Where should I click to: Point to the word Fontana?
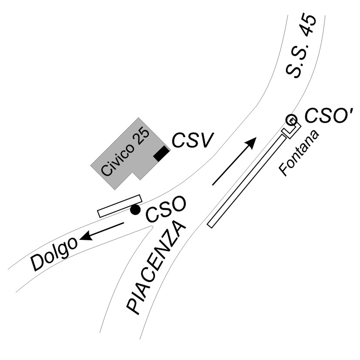click(x=300, y=152)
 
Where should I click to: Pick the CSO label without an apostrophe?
click(x=166, y=209)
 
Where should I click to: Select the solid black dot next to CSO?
click(x=136, y=210)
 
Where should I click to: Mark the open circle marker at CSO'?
click(x=291, y=119)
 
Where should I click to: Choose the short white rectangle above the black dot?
click(x=119, y=205)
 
